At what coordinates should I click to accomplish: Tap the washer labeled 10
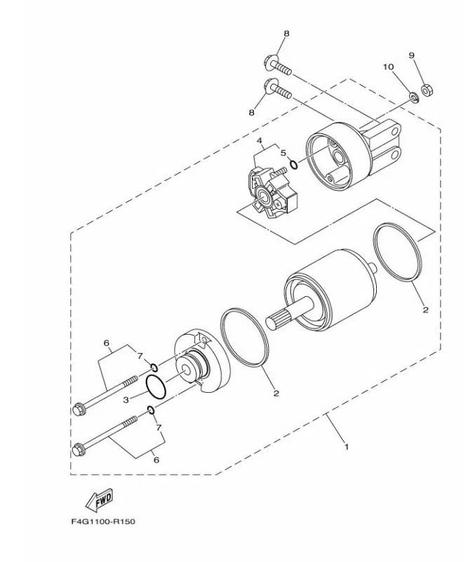(x=415, y=97)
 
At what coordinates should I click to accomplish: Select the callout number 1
(x=346, y=447)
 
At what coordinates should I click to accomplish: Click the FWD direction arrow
(x=100, y=500)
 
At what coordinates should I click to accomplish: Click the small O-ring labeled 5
(x=293, y=164)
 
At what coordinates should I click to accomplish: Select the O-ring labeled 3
(x=156, y=387)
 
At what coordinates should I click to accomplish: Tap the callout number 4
(x=259, y=140)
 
